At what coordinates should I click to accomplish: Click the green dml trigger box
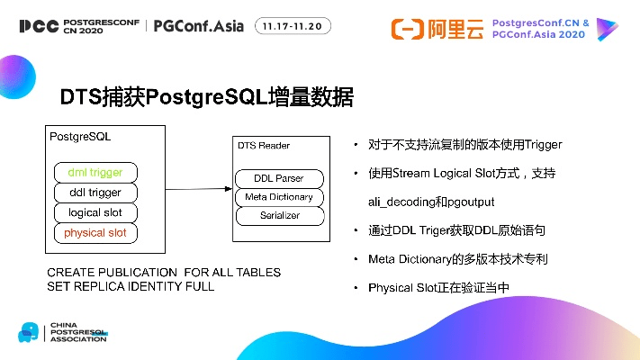coord(95,172)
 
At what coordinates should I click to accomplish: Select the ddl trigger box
coord(95,193)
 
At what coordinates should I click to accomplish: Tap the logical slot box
coord(95,213)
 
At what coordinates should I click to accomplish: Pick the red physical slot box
coord(95,234)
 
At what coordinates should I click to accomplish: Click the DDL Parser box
coord(278,178)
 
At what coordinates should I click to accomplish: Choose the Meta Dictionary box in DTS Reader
coord(278,197)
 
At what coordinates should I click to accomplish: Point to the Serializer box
coord(278,216)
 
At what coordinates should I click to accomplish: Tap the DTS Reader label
coord(263,145)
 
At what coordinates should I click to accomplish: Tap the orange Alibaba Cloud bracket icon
coord(408,29)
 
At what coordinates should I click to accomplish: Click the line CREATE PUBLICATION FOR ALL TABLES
coord(164,273)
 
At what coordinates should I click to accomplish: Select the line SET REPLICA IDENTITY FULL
coord(131,286)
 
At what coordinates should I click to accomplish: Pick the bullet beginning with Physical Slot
coord(438,288)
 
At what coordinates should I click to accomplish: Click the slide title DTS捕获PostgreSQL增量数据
coord(206,96)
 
